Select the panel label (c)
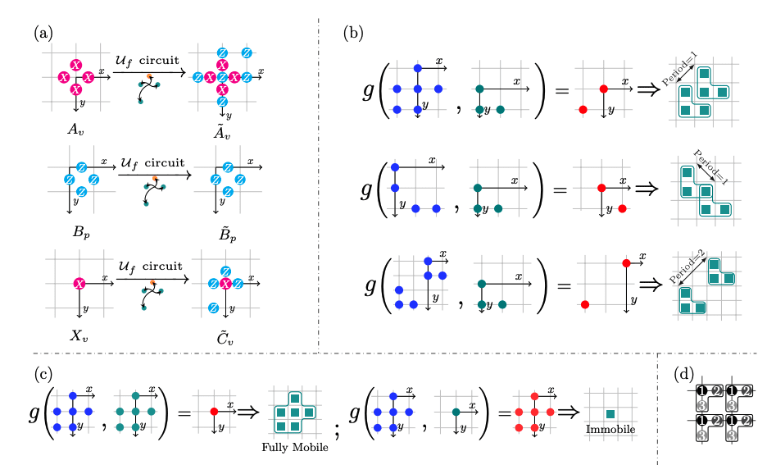(43, 373)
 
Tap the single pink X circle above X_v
(79, 284)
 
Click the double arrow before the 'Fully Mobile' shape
(248, 410)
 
